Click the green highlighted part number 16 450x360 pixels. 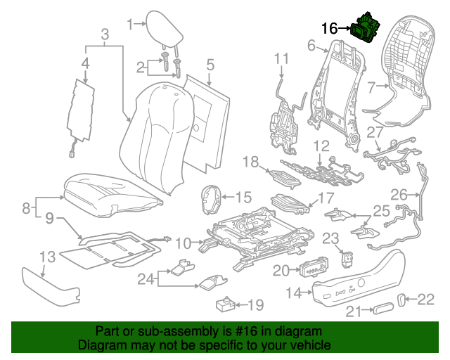tap(366, 29)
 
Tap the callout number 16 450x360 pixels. tap(330, 29)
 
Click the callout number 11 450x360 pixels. tap(281, 58)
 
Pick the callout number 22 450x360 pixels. tap(427, 300)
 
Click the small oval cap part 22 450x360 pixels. tap(403, 300)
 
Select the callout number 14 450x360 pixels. tap(295, 292)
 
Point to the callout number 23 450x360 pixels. tap(330, 238)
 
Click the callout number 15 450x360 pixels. tap(243, 197)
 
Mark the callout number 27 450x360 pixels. tap(375, 132)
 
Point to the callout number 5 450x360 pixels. tap(210, 67)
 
